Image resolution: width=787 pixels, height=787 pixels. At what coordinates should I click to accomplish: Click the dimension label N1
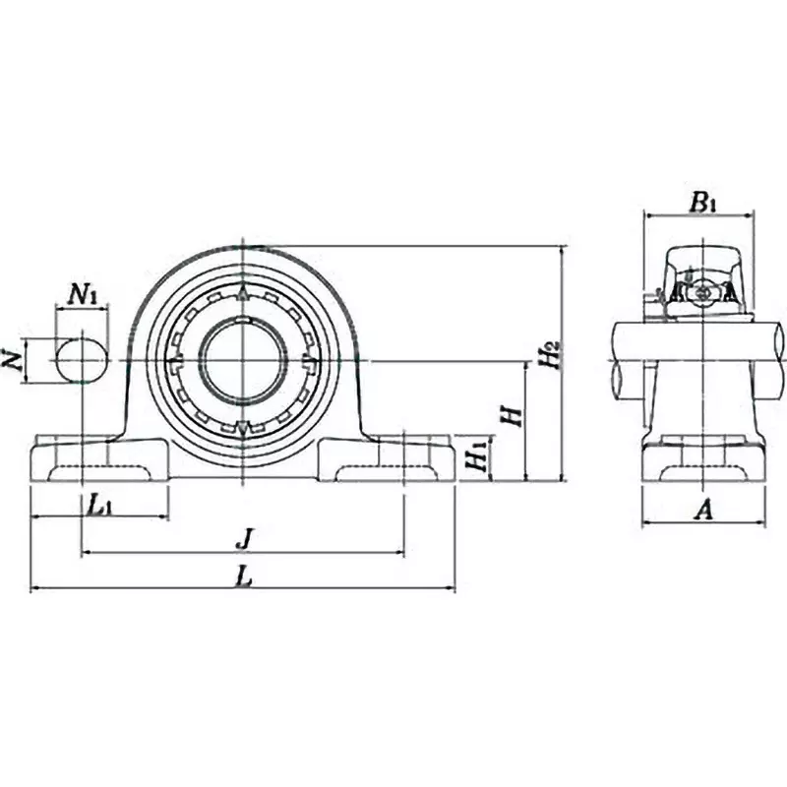click(83, 293)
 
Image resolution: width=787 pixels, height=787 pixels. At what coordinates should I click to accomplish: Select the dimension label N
click(13, 361)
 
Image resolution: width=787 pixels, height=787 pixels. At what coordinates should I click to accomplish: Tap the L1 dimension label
click(99, 506)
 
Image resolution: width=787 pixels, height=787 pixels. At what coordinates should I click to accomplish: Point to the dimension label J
click(245, 539)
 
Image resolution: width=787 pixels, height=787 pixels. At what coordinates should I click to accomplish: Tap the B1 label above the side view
click(701, 203)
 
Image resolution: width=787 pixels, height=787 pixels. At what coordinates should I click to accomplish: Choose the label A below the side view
click(701, 509)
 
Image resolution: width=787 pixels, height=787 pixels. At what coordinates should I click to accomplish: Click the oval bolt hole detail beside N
click(81, 360)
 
